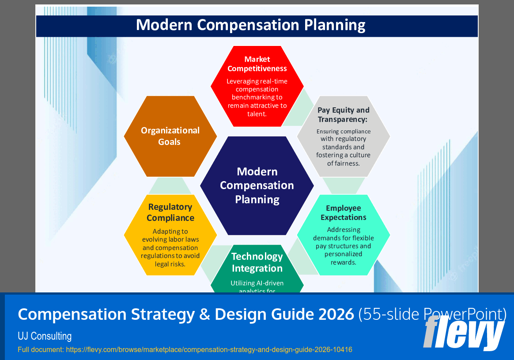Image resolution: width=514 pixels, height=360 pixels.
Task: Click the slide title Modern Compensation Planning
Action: coord(250,25)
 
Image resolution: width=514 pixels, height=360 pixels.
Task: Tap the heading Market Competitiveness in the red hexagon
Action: coord(257,64)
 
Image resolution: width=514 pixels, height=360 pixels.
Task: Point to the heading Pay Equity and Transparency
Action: coord(343,115)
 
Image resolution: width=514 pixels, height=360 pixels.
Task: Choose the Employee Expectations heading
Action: coord(343,213)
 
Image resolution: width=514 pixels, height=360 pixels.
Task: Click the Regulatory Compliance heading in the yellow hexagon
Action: coord(170,212)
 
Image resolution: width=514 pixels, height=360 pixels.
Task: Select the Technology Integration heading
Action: coord(257,262)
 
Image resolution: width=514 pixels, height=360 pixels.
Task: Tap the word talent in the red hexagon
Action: coord(257,114)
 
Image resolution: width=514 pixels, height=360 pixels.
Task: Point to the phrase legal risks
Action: coord(170,264)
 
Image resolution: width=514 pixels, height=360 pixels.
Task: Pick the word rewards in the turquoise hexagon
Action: coord(343,262)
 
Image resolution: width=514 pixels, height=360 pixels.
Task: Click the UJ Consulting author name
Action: coord(45,336)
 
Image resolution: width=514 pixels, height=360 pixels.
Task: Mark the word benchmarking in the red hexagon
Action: coord(257,97)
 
